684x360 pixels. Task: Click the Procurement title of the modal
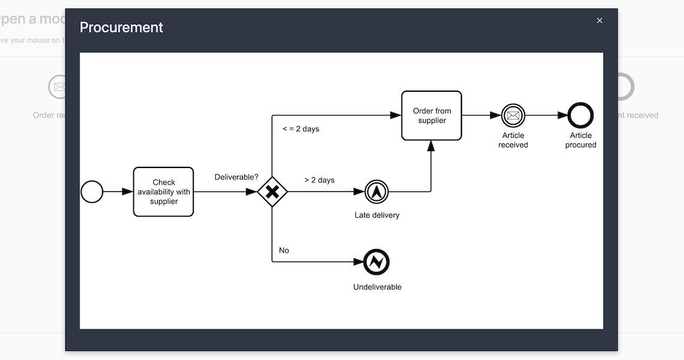click(x=121, y=28)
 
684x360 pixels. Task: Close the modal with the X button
click(x=599, y=20)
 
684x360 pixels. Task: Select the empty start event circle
click(x=92, y=192)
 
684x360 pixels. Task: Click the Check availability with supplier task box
click(x=163, y=192)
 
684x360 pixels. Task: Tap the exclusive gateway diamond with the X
click(x=272, y=192)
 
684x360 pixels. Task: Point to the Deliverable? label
click(x=236, y=177)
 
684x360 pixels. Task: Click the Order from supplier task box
click(x=431, y=116)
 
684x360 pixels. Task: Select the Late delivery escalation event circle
click(x=376, y=192)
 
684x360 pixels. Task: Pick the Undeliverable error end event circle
click(x=376, y=262)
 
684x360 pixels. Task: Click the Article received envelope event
click(x=513, y=116)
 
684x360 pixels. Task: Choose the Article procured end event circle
click(x=580, y=116)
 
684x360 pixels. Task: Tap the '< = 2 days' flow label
click(x=301, y=129)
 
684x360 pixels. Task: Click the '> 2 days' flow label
click(x=319, y=180)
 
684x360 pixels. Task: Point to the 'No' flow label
click(x=284, y=250)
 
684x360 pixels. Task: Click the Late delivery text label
click(x=377, y=215)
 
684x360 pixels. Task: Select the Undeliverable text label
click(x=377, y=287)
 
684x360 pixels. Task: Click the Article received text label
click(x=513, y=140)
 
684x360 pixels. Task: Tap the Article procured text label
click(x=581, y=140)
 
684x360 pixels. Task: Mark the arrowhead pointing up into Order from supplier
click(x=431, y=146)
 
